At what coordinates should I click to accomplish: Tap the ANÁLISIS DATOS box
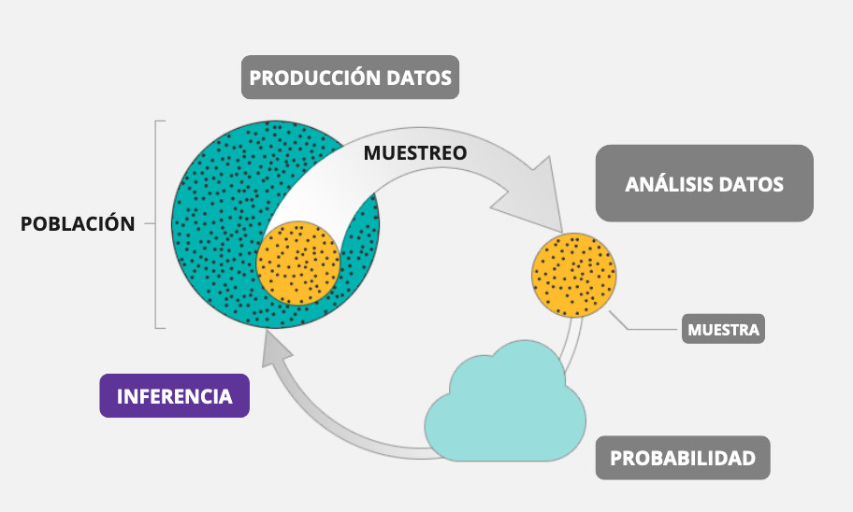coord(703,183)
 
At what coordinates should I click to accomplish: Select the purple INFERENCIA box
coord(174,396)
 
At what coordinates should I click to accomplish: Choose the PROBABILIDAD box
coord(683,458)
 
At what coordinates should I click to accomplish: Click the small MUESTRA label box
coord(723,329)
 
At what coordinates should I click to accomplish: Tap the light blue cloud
coord(505,411)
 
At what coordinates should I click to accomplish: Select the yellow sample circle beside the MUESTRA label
coord(573,274)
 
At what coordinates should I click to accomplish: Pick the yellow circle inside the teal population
coord(298,263)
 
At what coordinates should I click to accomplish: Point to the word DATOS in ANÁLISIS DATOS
coord(751,183)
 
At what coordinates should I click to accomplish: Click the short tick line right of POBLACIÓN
coord(149,224)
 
